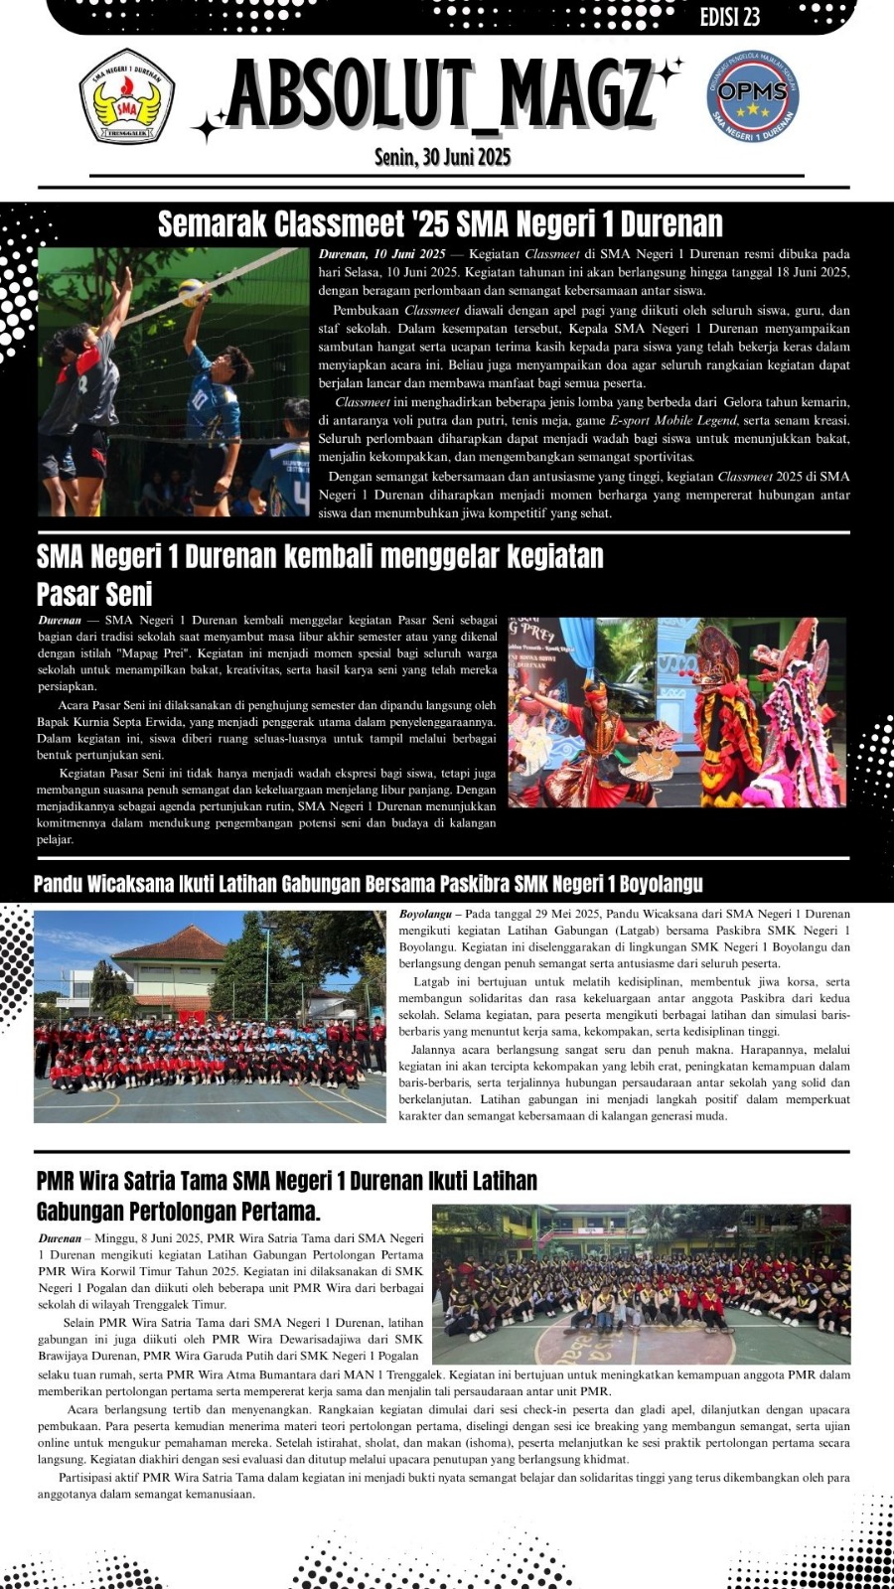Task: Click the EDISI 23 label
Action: pyautogui.click(x=730, y=17)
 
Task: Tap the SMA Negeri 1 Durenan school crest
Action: pyautogui.click(x=127, y=97)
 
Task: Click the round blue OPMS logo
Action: pyautogui.click(x=752, y=95)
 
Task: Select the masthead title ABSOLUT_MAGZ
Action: pyautogui.click(x=441, y=96)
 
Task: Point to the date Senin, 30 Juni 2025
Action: pyautogui.click(x=442, y=157)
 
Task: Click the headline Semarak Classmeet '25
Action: pyautogui.click(x=440, y=223)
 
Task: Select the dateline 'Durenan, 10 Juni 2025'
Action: pyautogui.click(x=382, y=254)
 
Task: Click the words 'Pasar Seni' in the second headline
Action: pyautogui.click(x=94, y=594)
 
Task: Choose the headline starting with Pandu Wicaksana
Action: pyautogui.click(x=368, y=884)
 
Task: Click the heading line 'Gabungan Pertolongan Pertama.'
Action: pyautogui.click(x=179, y=1212)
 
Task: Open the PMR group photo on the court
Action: pyautogui.click(x=641, y=1283)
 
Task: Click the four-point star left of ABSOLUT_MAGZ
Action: pyautogui.click(x=210, y=127)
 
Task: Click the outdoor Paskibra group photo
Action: pyautogui.click(x=210, y=1016)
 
